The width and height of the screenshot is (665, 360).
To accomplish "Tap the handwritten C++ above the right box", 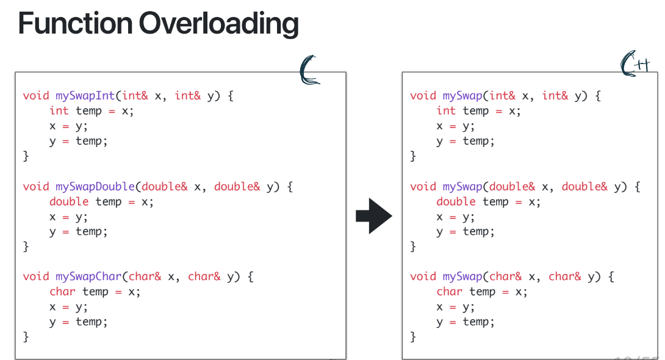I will click(634, 65).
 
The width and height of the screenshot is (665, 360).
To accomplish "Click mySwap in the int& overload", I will click(462, 96).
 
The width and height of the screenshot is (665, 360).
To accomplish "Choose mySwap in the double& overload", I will click(462, 187).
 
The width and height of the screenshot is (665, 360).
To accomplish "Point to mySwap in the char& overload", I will click(462, 276).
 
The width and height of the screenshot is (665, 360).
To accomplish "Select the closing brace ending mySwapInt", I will click(26, 156).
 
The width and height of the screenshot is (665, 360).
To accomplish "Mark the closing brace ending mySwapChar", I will click(26, 337).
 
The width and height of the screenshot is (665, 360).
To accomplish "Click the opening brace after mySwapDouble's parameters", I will click(290, 187).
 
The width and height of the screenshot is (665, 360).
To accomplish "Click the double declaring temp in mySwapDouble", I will click(69, 201).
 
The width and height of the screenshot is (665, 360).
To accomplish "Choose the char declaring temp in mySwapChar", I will click(62, 292).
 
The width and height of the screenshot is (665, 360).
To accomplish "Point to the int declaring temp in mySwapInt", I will click(59, 110).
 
